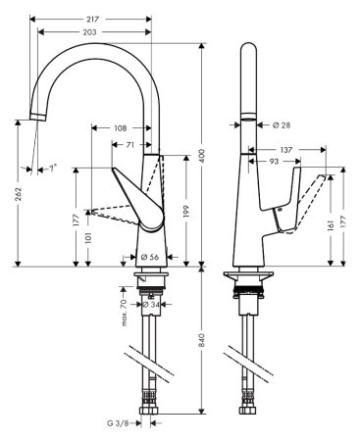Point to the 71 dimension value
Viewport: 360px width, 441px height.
130,144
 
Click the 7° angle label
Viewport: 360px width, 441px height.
51,169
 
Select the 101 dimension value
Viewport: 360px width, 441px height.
88,238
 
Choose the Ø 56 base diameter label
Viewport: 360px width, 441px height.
150,258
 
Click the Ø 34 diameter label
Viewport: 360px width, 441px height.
152,305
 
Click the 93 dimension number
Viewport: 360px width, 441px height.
278,161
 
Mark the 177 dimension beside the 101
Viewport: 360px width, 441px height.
76,220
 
